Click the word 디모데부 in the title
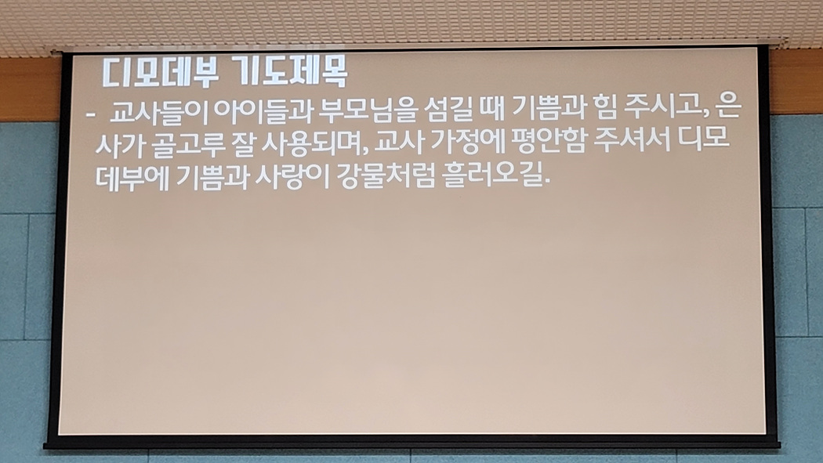[160, 72]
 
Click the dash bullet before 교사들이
[91, 114]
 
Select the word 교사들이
[159, 111]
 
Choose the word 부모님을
[368, 110]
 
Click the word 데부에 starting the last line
[132, 177]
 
